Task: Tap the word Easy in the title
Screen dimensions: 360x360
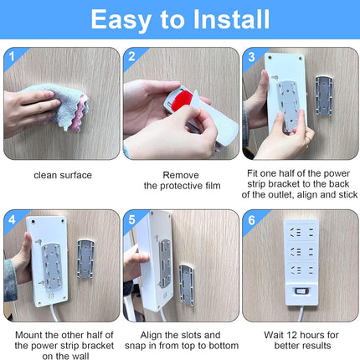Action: [x=121, y=21]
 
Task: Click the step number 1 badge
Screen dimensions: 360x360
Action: [x=12, y=57]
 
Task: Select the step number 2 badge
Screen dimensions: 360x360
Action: [x=131, y=57]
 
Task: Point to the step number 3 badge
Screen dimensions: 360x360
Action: [x=251, y=57]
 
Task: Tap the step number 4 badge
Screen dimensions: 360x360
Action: [x=12, y=219]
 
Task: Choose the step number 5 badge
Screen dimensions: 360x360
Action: [x=131, y=219]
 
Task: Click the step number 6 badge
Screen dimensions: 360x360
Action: [x=251, y=220]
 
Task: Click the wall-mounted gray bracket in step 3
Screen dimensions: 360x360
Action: [x=324, y=95]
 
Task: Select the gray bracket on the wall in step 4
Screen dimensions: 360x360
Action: [x=85, y=259]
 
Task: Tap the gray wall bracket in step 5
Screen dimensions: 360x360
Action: [x=187, y=285]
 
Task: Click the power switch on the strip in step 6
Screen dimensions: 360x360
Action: [x=302, y=291]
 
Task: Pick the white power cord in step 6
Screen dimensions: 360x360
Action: [x=301, y=314]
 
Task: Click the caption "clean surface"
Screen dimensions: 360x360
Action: [x=63, y=175]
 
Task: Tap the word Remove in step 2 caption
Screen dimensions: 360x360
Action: [x=181, y=175]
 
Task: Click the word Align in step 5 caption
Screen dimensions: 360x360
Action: [x=152, y=335]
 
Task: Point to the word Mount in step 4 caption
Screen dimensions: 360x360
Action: [x=28, y=335]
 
